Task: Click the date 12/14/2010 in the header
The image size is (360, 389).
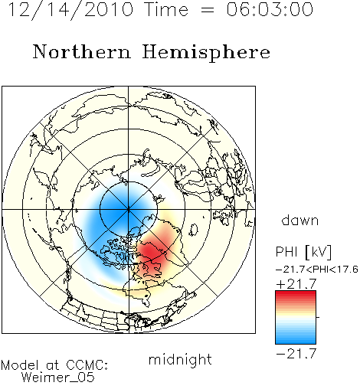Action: click(70, 10)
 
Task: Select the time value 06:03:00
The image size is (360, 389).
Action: click(270, 9)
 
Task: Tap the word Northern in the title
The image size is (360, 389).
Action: click(82, 52)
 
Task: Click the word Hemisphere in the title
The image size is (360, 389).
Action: click(206, 53)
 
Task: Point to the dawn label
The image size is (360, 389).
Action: click(300, 220)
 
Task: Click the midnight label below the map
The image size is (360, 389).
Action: click(180, 359)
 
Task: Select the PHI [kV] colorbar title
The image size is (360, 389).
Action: click(304, 252)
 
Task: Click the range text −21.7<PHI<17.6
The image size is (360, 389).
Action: click(317, 270)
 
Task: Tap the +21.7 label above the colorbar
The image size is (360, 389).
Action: click(296, 284)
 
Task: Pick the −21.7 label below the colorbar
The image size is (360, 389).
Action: click(296, 354)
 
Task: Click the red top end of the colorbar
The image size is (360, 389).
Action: click(296, 293)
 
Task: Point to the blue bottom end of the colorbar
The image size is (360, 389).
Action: click(296, 342)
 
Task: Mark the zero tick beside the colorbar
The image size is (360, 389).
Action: click(318, 317)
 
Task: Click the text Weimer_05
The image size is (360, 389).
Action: click(58, 378)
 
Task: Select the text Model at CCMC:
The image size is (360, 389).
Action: click(54, 365)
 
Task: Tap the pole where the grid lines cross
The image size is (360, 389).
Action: click(129, 209)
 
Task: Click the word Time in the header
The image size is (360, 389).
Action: click(166, 9)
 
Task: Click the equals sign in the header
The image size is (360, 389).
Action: click(207, 10)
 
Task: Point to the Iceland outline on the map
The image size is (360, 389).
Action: click(194, 230)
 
